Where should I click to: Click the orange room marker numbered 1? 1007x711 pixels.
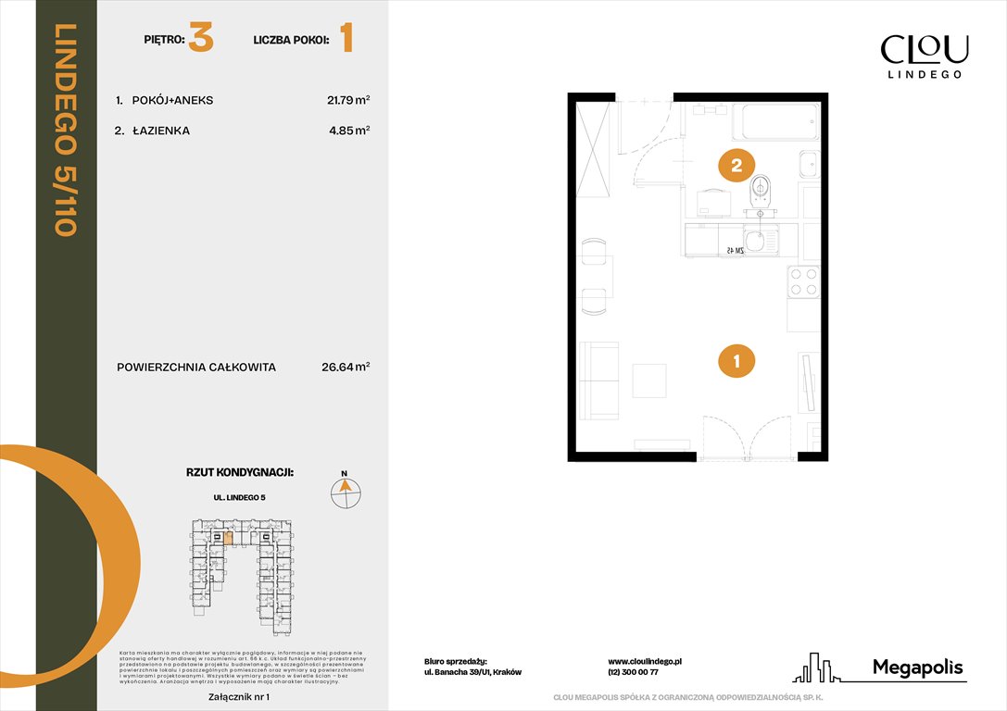(x=736, y=361)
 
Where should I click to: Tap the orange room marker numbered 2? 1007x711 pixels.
(x=736, y=166)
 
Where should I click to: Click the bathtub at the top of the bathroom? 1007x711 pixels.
(x=775, y=121)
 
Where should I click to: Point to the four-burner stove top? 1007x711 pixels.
(x=803, y=281)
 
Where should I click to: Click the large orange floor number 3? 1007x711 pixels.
(x=201, y=40)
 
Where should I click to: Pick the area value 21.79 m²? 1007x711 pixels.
(x=346, y=100)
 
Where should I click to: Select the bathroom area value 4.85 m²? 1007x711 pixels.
(x=349, y=131)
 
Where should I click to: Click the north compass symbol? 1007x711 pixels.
(x=346, y=492)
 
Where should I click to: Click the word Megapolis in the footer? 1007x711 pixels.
(x=917, y=667)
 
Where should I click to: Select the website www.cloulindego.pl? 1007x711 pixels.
(x=645, y=661)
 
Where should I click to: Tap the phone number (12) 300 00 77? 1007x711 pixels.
(x=633, y=673)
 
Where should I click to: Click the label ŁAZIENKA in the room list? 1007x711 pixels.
(x=161, y=131)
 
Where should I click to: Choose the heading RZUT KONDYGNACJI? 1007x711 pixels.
(x=240, y=472)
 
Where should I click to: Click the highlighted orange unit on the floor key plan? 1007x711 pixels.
(x=229, y=538)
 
